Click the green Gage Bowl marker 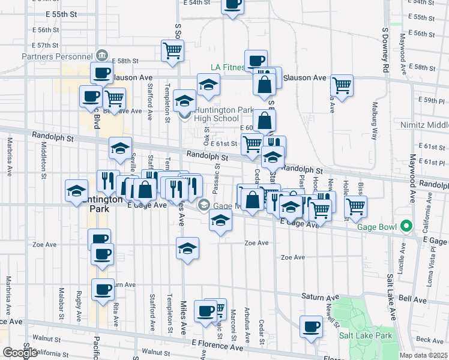(x=406, y=227)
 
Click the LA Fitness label (x=228, y=68)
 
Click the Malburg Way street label (x=373, y=121)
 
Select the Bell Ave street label (x=412, y=299)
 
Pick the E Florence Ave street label (x=218, y=346)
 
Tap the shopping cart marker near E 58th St (x=172, y=50)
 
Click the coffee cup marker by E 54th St (x=232, y=5)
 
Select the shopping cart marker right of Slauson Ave (x=342, y=85)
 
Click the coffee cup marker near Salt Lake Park (x=312, y=326)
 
